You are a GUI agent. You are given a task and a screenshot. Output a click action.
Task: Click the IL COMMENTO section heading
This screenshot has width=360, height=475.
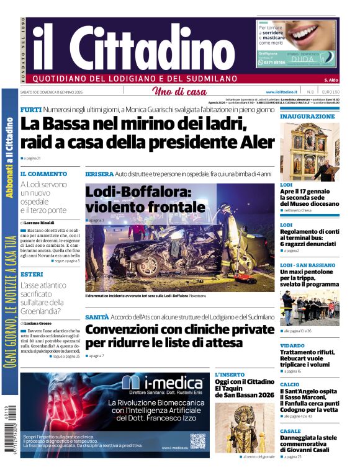coord(43,174)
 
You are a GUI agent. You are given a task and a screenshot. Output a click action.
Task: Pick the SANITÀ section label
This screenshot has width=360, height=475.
coord(97,317)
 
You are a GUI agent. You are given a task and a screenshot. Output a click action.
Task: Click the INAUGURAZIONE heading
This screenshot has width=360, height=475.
coord(307,116)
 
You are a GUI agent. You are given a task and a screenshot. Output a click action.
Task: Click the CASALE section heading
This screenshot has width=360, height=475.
coord(290,431)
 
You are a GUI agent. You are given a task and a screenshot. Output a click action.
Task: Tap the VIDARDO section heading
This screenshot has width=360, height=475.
coord(292,345)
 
